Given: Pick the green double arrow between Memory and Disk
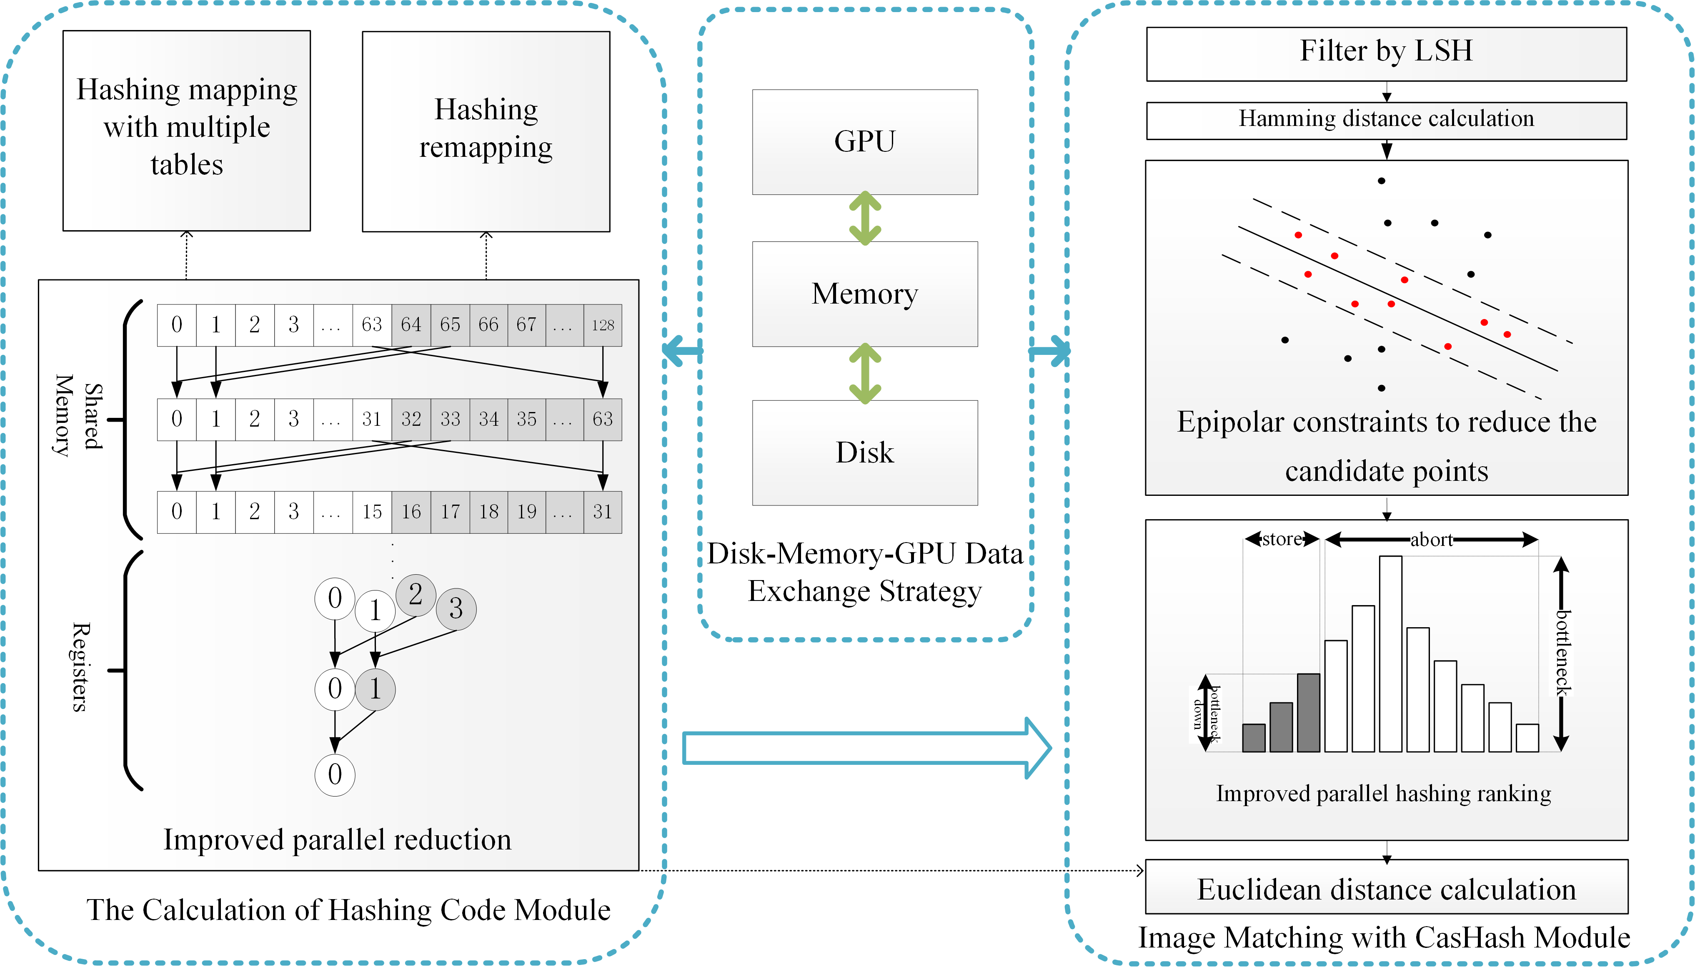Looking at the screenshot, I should click(865, 373).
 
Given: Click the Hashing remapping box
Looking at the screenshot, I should click(486, 131).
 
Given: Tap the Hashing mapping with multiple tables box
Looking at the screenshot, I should click(186, 131).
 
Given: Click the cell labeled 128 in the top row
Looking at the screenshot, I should click(603, 325).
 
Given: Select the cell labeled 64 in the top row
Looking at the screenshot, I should click(411, 325).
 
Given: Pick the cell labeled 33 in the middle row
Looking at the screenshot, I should click(450, 419).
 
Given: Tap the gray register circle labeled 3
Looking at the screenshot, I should click(456, 608).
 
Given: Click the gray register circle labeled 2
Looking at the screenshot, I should click(416, 594).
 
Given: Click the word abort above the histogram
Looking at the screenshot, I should click(1431, 540).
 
